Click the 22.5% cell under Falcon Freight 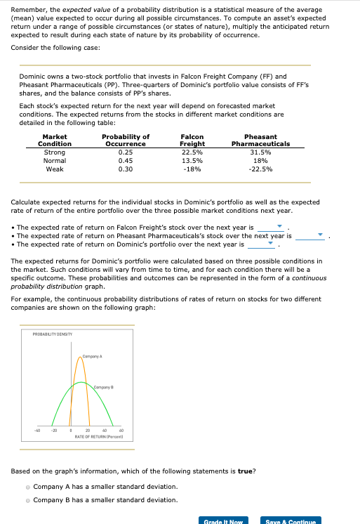(192, 152)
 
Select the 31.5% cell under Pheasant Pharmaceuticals (260, 152)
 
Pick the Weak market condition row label (55, 169)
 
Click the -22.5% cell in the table (260, 169)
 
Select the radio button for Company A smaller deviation (28, 487)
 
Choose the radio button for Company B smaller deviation (28, 500)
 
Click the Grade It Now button (222, 521)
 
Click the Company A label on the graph (92, 358)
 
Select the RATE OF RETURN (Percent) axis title (99, 436)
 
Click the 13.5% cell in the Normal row (192, 160)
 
